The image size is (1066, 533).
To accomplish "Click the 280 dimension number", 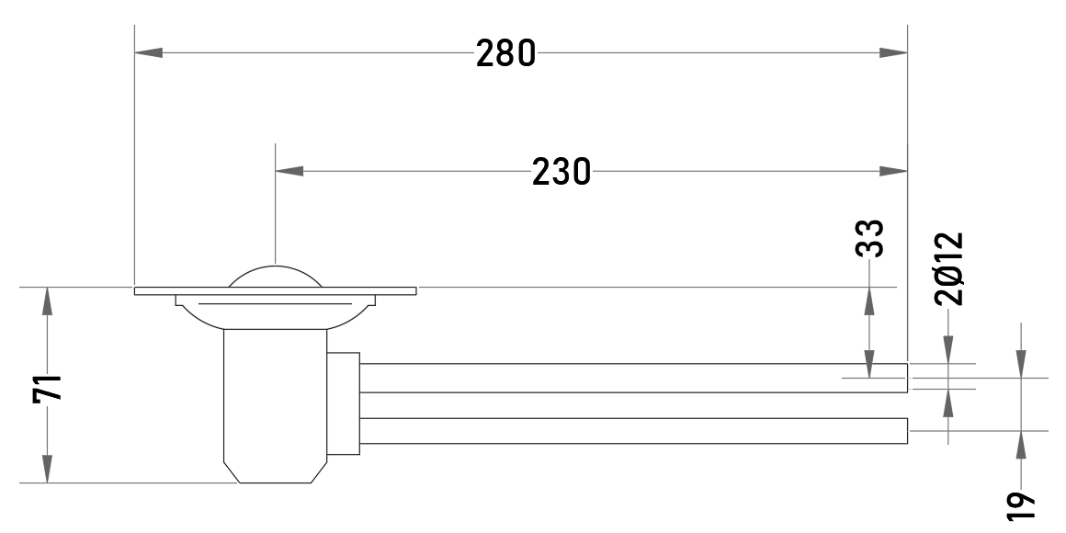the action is coord(505,53).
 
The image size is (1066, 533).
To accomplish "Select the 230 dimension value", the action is coord(561,171).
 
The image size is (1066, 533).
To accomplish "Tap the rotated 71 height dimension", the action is coord(48,388).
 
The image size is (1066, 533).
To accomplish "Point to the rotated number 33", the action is coord(869,238).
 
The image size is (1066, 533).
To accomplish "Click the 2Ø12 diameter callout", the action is coord(949,269).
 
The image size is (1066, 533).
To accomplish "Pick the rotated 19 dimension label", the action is coord(1020,505).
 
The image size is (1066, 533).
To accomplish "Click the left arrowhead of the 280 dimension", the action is coord(148,52).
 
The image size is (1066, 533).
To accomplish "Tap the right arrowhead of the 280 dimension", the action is coord(893,52).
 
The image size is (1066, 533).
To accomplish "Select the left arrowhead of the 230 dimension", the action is coord(289,171).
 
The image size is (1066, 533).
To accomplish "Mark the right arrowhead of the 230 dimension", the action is coord(893,171).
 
